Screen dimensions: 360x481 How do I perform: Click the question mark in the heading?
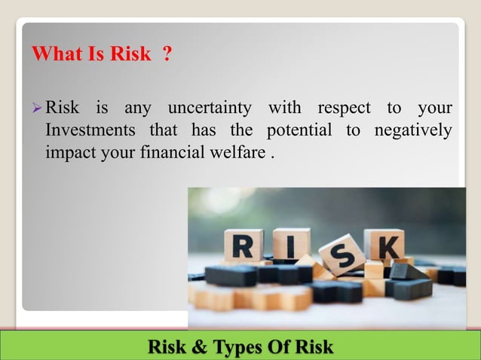[x=167, y=55]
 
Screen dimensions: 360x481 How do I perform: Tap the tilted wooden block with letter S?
[x=342, y=255]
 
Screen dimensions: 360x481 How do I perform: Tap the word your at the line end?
[x=435, y=108]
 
